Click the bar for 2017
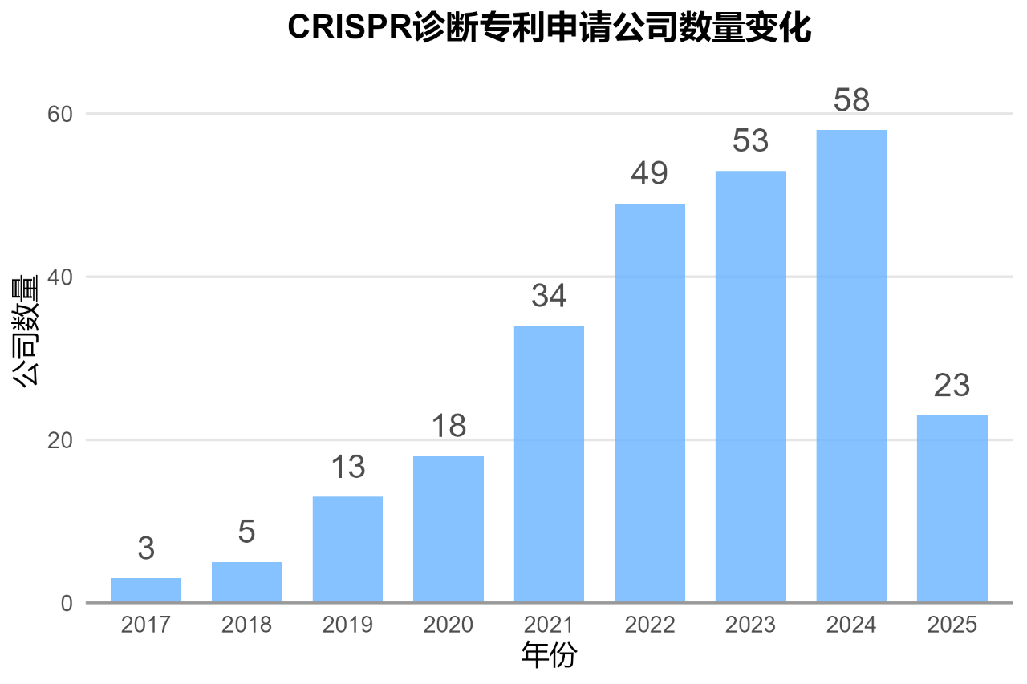[x=146, y=589]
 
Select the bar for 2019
[x=347, y=549]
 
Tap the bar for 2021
[x=549, y=463]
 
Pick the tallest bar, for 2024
[x=851, y=366]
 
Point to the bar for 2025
[x=952, y=508]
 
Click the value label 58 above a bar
[x=851, y=101]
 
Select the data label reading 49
[x=650, y=174]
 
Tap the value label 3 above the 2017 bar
[x=146, y=549]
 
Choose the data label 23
[x=952, y=386]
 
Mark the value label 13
[x=347, y=467]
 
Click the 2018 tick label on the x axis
[x=247, y=625]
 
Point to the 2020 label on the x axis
[x=449, y=625]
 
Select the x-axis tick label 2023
[x=750, y=625]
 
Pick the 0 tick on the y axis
[x=67, y=603]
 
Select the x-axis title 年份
[x=549, y=656]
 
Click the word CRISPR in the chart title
[x=349, y=28]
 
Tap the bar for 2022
[x=650, y=403]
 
